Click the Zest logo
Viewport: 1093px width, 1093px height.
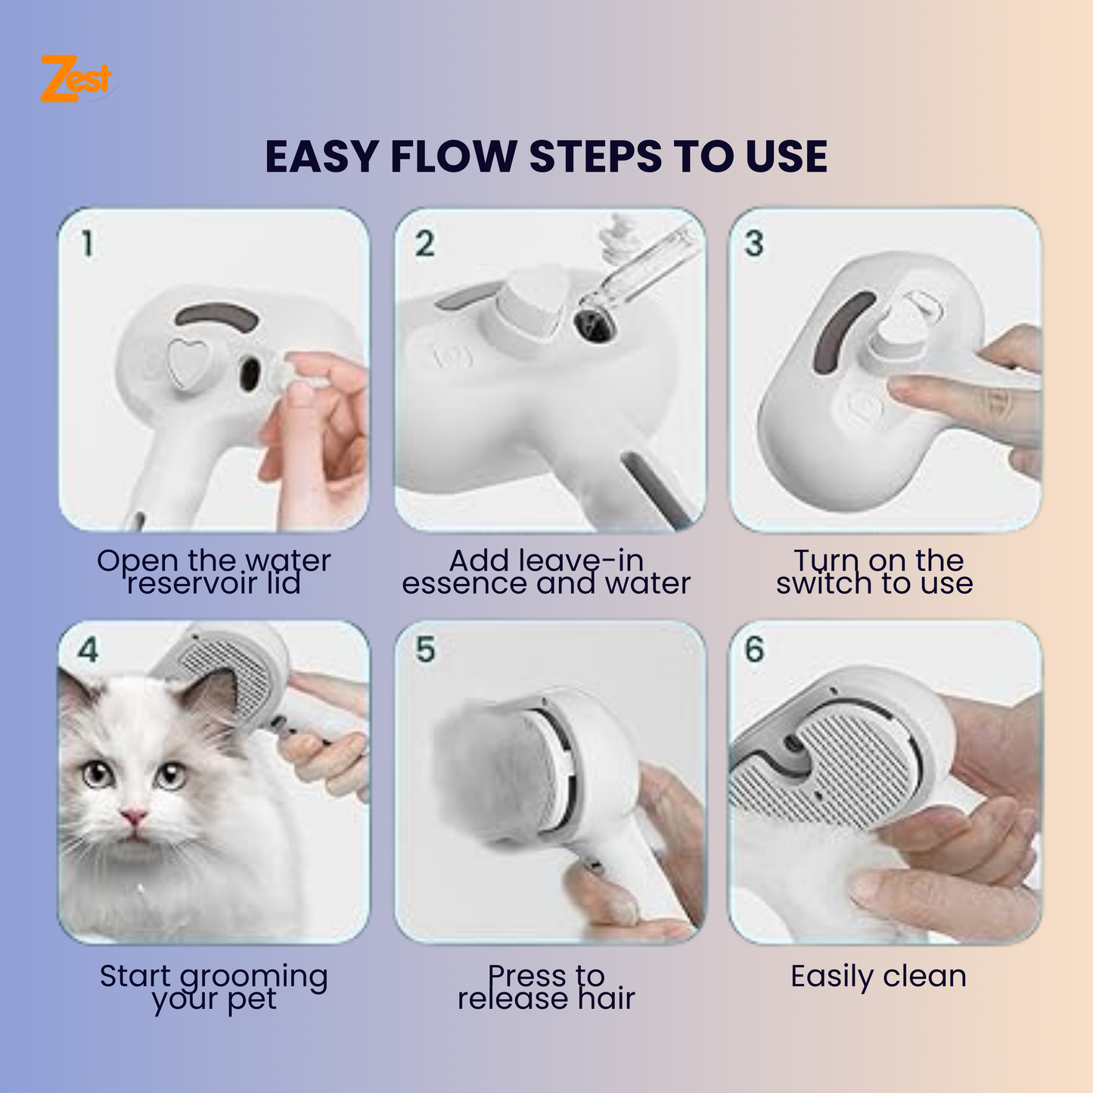click(x=76, y=79)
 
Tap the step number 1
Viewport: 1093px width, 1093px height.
click(x=88, y=244)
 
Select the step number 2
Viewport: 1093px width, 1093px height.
click(x=424, y=244)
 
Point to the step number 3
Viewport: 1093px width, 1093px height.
click(x=754, y=244)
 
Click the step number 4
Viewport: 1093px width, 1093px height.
click(x=88, y=650)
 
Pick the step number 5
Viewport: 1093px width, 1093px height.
click(x=425, y=650)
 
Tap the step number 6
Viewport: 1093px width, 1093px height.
click(x=754, y=650)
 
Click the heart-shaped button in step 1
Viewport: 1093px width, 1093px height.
click(x=185, y=362)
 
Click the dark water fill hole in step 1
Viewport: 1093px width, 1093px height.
click(x=249, y=374)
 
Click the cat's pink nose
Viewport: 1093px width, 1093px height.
click(x=134, y=816)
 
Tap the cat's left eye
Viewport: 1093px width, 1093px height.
click(x=97, y=773)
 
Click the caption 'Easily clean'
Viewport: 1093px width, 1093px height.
click(x=878, y=977)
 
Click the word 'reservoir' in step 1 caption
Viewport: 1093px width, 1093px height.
click(x=191, y=584)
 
